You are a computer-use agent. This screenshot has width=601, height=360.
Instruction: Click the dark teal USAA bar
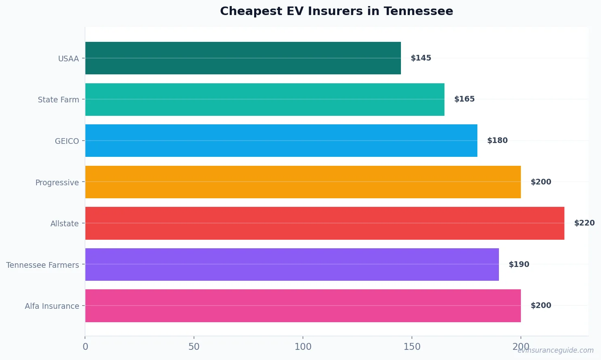[x=243, y=58]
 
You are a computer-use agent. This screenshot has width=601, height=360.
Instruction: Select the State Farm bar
[x=265, y=100]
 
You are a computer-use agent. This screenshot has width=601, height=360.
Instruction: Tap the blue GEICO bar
[x=281, y=141]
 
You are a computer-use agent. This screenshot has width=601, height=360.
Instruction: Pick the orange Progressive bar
[x=303, y=182]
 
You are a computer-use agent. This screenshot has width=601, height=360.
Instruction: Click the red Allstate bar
[x=324, y=223]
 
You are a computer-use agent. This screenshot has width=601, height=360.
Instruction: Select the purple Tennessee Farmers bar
[x=292, y=265]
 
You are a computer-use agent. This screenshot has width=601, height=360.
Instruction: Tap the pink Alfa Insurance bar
[x=303, y=306]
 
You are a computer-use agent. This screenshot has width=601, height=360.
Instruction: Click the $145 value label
[x=421, y=58]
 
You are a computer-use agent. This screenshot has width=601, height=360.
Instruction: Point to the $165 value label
[x=464, y=99]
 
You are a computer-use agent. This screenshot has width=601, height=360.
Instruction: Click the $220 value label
[x=584, y=223]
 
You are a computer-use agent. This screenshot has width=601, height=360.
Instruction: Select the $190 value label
[x=519, y=265]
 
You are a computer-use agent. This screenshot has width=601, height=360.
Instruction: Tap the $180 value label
[x=497, y=141]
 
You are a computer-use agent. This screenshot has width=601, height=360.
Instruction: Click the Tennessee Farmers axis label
[x=43, y=265]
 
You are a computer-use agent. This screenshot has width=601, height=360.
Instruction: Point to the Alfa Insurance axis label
[x=52, y=306]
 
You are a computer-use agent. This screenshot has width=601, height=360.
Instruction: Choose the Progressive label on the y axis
[x=57, y=182]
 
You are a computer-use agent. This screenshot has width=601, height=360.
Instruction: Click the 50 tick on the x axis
[x=194, y=347]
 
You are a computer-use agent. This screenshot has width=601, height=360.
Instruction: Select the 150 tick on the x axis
[x=412, y=347]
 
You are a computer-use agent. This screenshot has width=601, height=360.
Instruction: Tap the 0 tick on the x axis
[x=85, y=347]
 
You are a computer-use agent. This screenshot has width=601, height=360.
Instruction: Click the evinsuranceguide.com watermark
[x=555, y=350]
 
